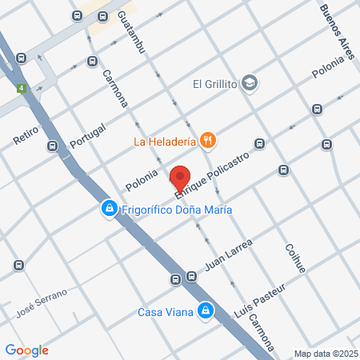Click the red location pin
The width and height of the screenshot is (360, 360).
(x=180, y=177)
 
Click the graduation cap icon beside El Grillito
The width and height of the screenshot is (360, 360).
(x=250, y=82)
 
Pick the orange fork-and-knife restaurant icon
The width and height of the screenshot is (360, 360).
(x=207, y=141)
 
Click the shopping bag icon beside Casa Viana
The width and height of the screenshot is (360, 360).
(x=206, y=310)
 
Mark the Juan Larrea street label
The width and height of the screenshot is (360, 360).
(x=229, y=254)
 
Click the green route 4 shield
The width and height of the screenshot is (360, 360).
(x=21, y=88)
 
